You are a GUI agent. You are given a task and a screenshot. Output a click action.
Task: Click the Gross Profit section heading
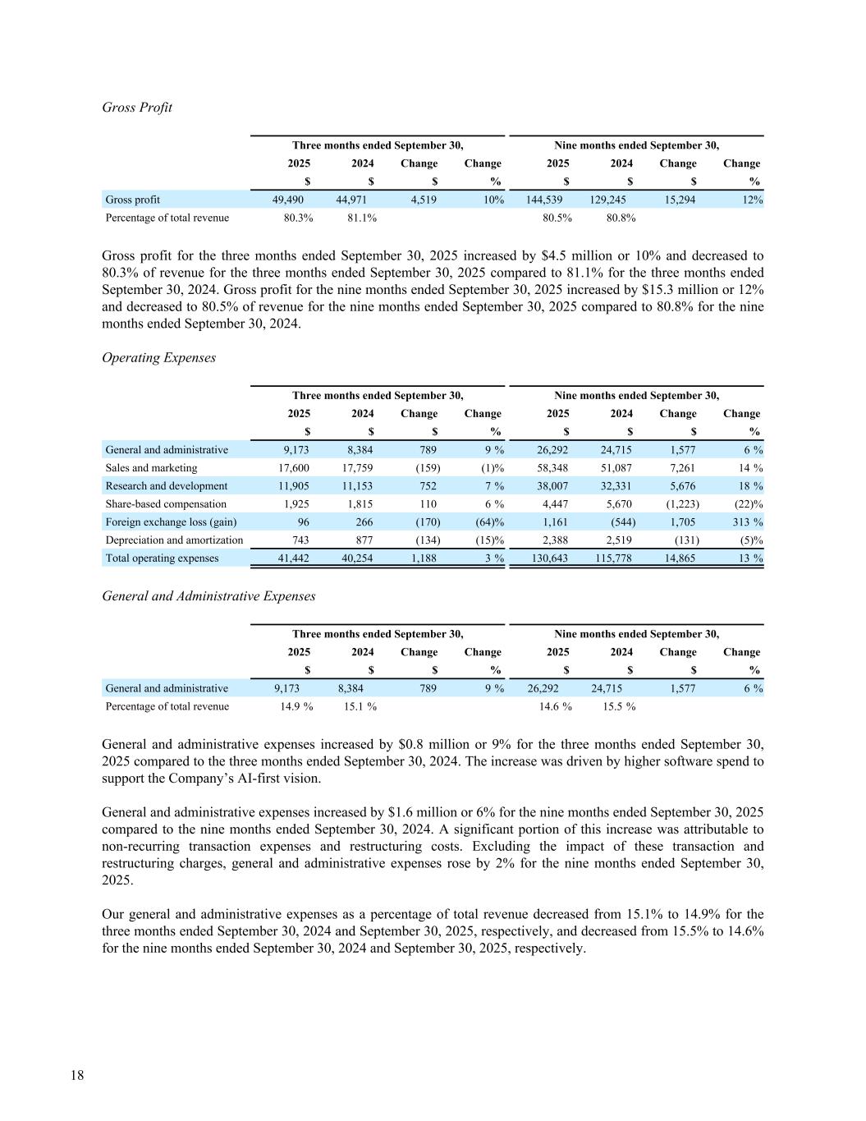click(x=137, y=108)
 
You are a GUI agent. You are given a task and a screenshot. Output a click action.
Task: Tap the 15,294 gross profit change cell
click(x=679, y=200)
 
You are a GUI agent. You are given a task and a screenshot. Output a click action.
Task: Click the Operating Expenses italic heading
click(x=158, y=358)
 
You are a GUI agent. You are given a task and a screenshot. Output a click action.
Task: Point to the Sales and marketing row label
click(x=151, y=468)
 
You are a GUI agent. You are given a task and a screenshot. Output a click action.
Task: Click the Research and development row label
click(x=166, y=486)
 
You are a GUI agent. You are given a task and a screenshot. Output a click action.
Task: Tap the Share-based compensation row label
click(x=166, y=504)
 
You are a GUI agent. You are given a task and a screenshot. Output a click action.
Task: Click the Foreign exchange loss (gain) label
click(x=171, y=522)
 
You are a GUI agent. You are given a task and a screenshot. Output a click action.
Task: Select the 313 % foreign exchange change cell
click(x=747, y=522)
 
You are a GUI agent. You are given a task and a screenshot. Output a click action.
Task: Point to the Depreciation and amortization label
click(x=174, y=540)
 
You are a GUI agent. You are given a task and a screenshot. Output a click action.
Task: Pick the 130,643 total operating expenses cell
click(x=548, y=558)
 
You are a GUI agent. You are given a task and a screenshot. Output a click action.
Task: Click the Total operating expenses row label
click(x=162, y=558)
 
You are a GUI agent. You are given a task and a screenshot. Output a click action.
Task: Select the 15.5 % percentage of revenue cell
click(x=619, y=706)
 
